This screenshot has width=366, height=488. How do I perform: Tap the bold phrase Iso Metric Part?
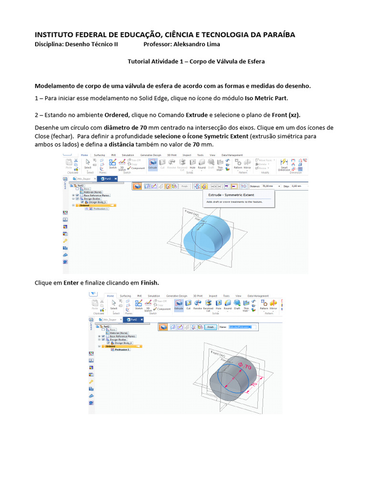coord(266,98)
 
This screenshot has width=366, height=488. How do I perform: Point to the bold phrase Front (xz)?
coord(286,115)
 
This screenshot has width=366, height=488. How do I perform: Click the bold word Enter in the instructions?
coord(71,283)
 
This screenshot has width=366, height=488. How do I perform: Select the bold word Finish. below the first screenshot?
coord(150,283)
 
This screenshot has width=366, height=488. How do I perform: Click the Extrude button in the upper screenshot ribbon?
coord(153,164)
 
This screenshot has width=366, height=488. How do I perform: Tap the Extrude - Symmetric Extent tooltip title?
coord(230,195)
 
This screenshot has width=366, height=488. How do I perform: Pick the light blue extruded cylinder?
coord(207,236)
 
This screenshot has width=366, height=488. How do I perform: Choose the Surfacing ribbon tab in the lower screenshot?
coord(125,296)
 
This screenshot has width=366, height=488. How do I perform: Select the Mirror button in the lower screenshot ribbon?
coord(274,305)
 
